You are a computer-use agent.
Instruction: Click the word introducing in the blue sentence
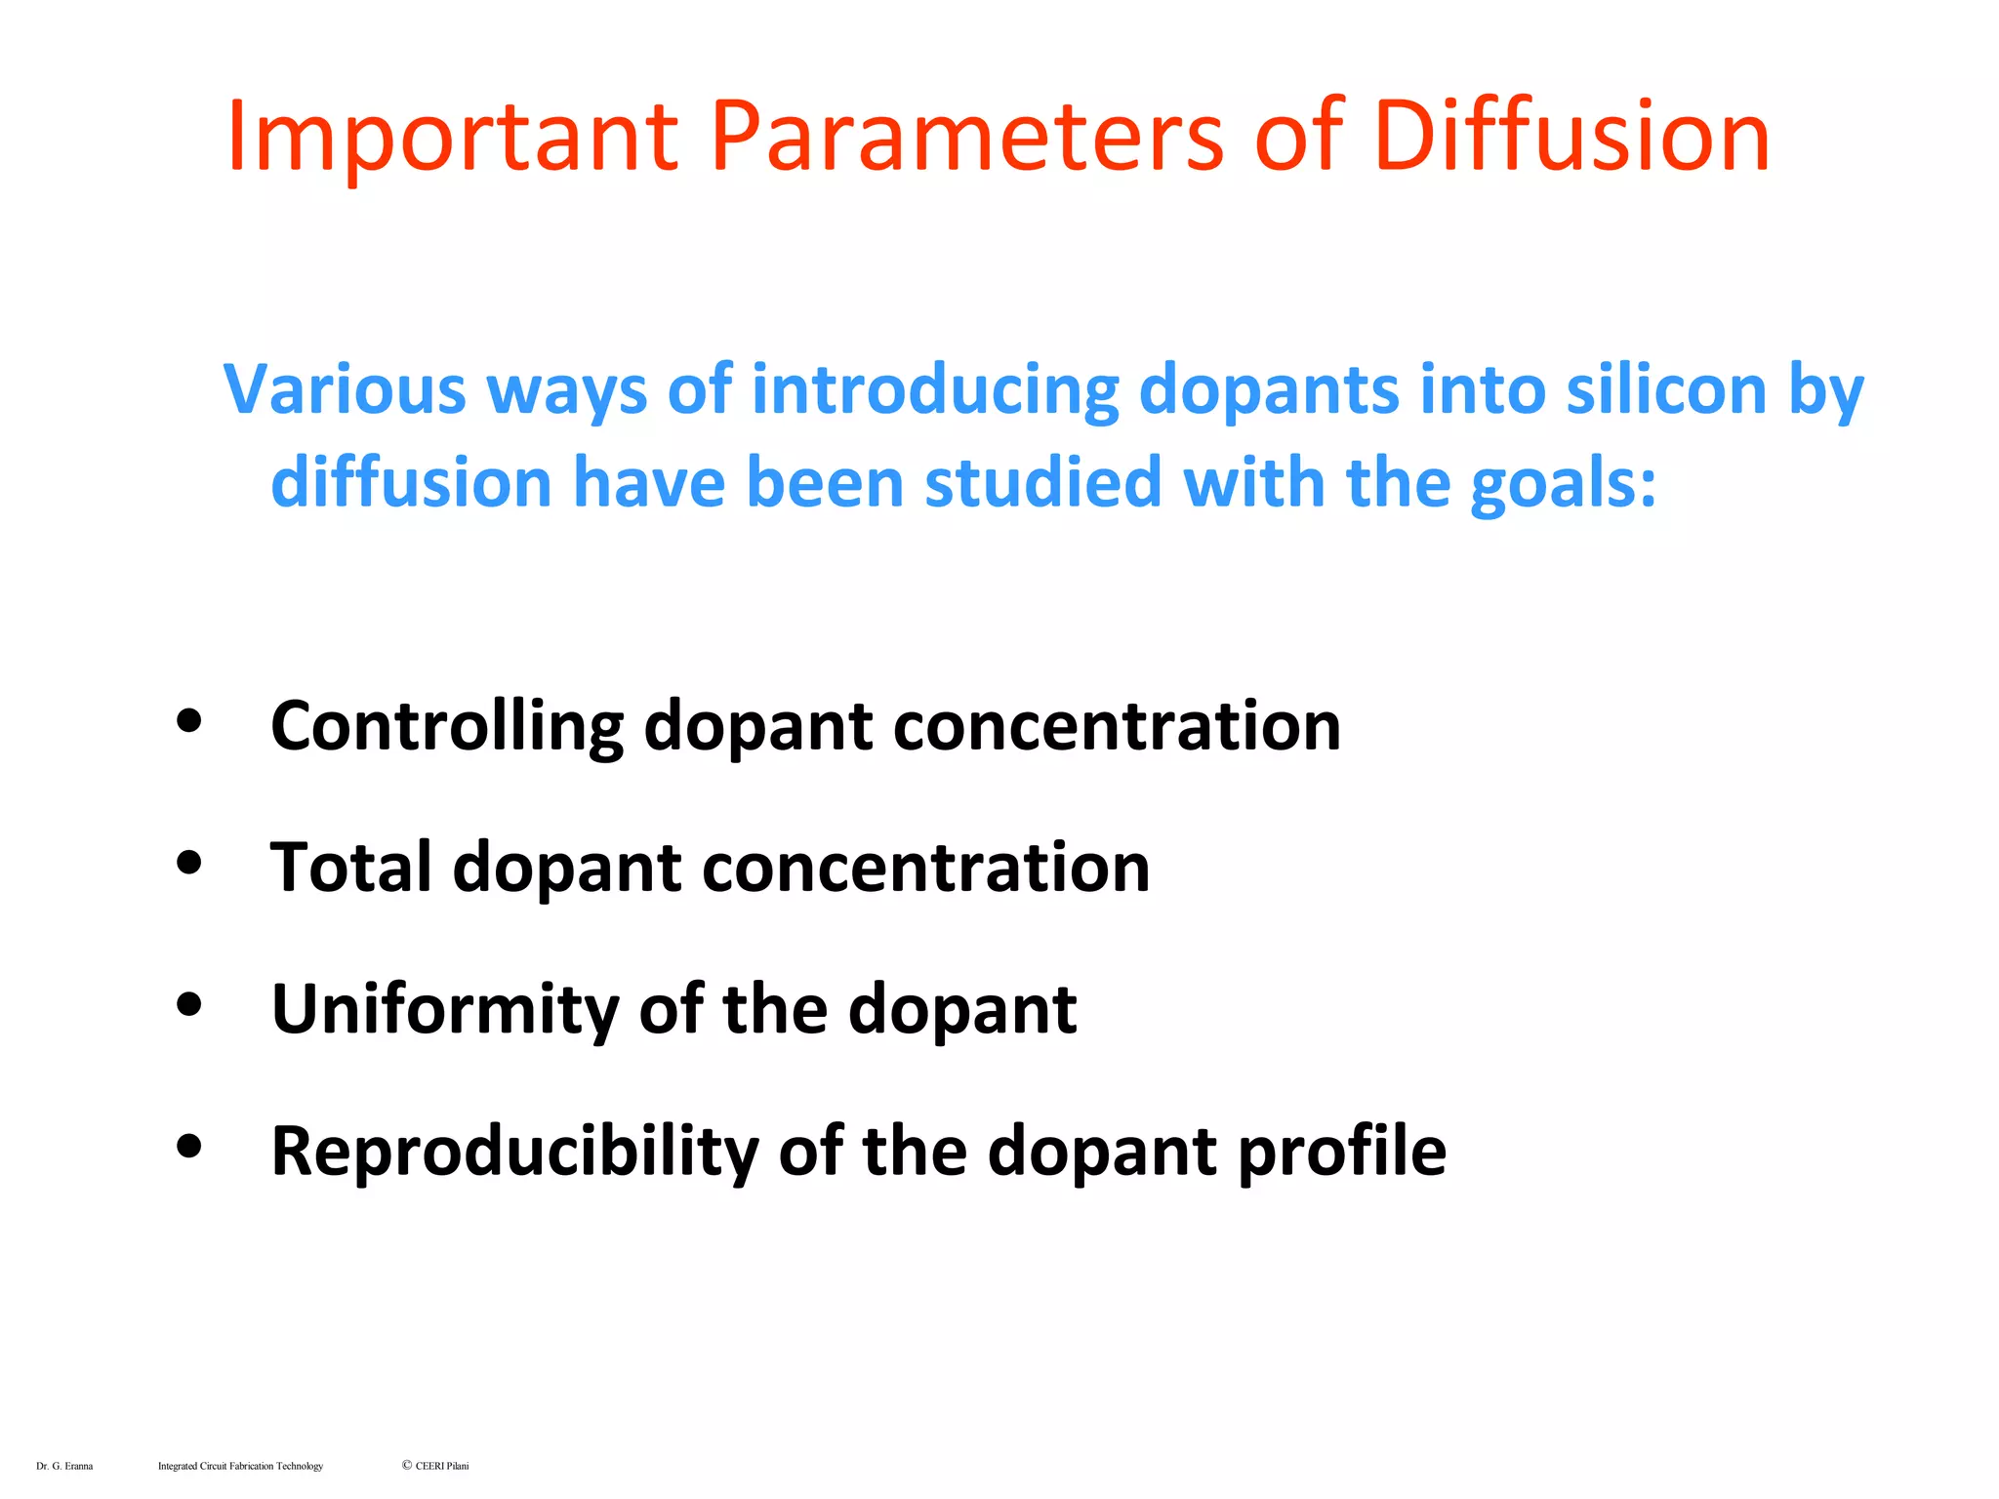click(x=935, y=391)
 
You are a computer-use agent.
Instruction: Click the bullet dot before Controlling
click(x=189, y=721)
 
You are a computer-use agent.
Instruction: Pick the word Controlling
click(x=447, y=727)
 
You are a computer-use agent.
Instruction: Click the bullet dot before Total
click(x=189, y=863)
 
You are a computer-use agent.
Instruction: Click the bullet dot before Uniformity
click(x=189, y=1004)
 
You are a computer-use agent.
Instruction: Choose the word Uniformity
click(x=444, y=1010)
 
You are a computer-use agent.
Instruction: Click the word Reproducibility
click(x=514, y=1152)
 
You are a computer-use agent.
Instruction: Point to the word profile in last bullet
click(x=1342, y=1152)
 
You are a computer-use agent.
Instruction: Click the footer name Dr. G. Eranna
click(x=64, y=1466)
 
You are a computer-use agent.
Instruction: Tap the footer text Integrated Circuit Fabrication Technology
click(x=240, y=1466)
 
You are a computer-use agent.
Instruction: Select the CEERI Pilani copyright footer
click(x=435, y=1466)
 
